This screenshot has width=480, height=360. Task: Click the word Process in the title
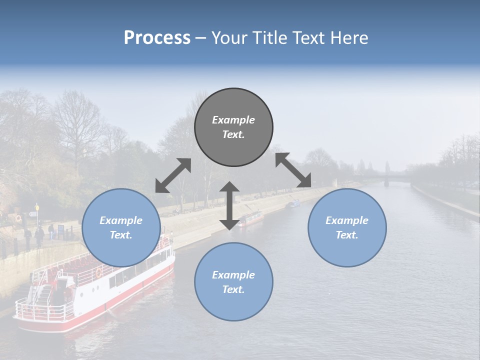click(x=157, y=38)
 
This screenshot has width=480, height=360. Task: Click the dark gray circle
click(x=233, y=127)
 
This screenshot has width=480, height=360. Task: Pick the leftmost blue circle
click(x=121, y=227)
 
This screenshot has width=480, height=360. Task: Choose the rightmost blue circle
click(x=347, y=227)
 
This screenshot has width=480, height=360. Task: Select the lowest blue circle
click(x=233, y=282)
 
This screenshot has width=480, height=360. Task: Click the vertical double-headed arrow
click(x=229, y=205)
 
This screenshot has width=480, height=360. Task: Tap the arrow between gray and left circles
click(x=173, y=175)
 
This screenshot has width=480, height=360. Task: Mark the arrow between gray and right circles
click(x=293, y=170)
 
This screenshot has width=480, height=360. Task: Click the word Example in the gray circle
click(x=233, y=120)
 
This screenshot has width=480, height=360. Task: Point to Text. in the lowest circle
click(x=233, y=289)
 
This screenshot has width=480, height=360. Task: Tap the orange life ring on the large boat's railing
click(x=99, y=273)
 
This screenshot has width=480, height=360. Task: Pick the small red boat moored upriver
click(x=251, y=218)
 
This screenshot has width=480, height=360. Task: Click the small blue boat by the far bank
click(x=294, y=203)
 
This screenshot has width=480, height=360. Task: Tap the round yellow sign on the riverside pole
click(x=36, y=207)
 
